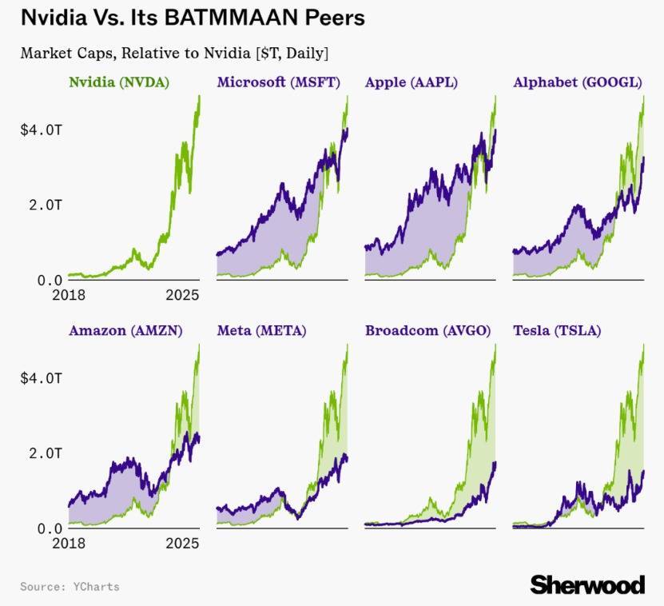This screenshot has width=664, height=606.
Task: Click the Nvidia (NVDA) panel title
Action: [x=119, y=82]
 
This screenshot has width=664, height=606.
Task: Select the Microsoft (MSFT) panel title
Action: [x=278, y=82]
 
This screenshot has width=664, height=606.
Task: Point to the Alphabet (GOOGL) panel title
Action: [x=578, y=82]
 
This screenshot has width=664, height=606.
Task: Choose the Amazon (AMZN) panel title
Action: [x=125, y=330]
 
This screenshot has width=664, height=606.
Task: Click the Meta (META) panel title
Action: [x=261, y=330]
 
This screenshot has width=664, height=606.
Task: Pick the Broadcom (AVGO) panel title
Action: [x=427, y=330]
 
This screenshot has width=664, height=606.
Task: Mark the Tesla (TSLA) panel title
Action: [x=557, y=330]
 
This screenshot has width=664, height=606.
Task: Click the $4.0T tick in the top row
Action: [x=40, y=129]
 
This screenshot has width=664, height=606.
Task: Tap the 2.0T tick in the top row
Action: [x=44, y=205]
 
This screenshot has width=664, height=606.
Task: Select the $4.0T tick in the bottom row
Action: [x=40, y=377]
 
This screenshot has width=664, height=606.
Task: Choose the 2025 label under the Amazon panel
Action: [x=181, y=544]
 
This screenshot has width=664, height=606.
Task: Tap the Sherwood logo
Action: [x=587, y=584]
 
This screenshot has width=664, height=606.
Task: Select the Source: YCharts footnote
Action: [x=70, y=587]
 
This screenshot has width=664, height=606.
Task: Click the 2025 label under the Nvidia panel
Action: [x=181, y=295]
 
